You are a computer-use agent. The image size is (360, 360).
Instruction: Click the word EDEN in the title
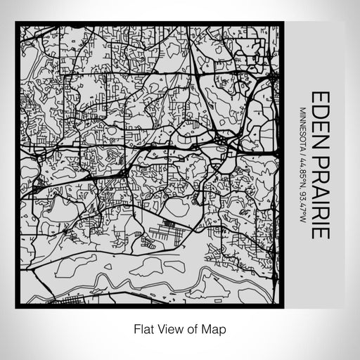click(x=318, y=116)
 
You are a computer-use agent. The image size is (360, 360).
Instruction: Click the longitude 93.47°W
click(x=302, y=202)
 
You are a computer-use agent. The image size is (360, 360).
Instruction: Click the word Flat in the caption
click(x=141, y=328)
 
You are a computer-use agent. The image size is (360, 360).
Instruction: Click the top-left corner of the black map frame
click(x=16, y=23)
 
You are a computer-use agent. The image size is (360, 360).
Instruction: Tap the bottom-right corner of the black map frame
click(x=283, y=306)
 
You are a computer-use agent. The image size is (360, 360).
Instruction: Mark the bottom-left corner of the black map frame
click(x=16, y=306)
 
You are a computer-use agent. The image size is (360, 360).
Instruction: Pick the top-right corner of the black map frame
click(x=283, y=23)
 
